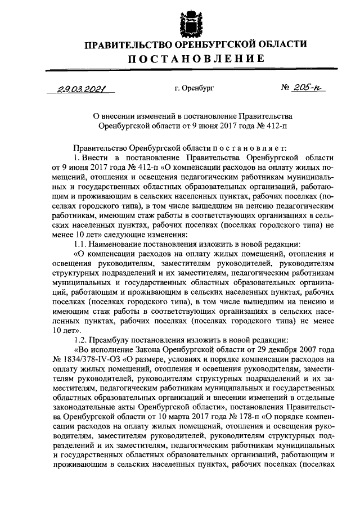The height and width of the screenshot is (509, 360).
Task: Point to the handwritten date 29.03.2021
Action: (x=84, y=88)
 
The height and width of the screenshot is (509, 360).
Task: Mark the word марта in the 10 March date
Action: (x=171, y=416)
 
